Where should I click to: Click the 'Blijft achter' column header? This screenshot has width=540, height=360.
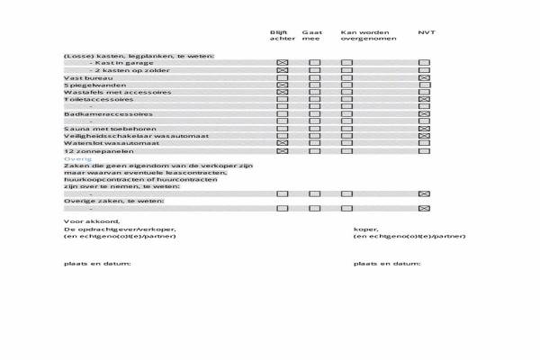[x=282, y=36]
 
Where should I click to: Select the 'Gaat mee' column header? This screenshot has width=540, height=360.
[x=311, y=36]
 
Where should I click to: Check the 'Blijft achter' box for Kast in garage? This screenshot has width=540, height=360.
[x=282, y=62]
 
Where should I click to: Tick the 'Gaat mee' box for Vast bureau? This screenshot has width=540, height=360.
[x=315, y=77]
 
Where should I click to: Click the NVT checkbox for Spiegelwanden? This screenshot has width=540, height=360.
[x=424, y=85]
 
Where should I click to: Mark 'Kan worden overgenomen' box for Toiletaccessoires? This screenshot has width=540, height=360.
[x=346, y=99]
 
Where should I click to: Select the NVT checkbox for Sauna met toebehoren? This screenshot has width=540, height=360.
[x=424, y=129]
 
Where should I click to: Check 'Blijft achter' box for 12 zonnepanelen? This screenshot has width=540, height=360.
[x=282, y=150]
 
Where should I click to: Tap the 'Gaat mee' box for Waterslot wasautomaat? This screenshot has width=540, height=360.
[x=315, y=143]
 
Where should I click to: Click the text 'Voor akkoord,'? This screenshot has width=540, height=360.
[x=92, y=220]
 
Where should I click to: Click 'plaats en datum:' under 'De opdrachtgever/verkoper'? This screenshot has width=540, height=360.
[x=97, y=264]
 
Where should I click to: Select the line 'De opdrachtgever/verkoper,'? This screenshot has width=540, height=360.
[x=120, y=229]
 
